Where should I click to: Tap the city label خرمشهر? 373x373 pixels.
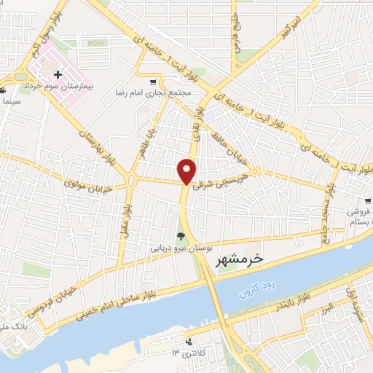coord(238,259)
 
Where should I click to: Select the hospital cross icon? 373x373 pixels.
coord(58,74)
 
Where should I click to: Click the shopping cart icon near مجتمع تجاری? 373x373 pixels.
coord(152,82)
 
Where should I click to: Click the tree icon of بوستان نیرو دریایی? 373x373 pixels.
coord(180,235)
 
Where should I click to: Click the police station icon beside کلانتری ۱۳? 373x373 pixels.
coord(189,342)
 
